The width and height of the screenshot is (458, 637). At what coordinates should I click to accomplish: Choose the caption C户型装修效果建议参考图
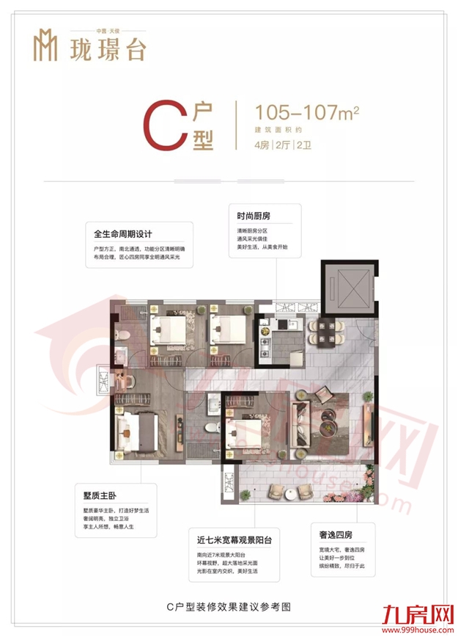tap(229, 608)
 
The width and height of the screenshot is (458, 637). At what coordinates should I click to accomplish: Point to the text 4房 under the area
tap(261, 144)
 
